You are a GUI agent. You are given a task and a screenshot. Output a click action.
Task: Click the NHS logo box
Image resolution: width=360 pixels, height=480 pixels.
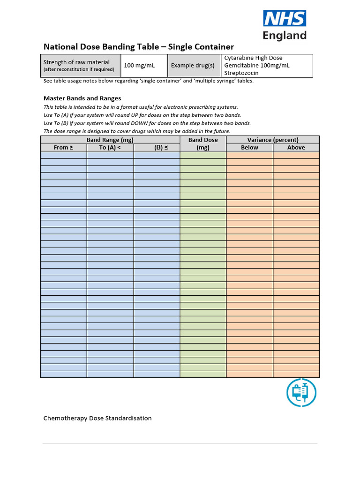tap(285, 19)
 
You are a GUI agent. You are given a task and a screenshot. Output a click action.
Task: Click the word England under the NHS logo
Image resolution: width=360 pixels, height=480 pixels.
tap(285, 36)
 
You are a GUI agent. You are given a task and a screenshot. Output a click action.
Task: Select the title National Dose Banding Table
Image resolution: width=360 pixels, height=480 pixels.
tap(138, 46)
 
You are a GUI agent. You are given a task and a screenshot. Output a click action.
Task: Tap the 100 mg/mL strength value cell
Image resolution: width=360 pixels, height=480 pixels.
tap(139, 66)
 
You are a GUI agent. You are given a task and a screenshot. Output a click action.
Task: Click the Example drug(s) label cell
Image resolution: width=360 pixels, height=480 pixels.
tap(193, 66)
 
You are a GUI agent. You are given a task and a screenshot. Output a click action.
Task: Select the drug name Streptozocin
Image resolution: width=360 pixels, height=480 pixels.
tap(241, 73)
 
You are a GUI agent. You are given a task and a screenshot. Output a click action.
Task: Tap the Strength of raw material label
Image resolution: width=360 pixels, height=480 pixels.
tap(76, 62)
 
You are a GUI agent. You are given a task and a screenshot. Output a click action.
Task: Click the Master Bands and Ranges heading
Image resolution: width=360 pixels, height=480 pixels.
tap(82, 98)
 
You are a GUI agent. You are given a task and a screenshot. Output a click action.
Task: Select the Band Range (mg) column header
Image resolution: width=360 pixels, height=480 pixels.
tap(110, 140)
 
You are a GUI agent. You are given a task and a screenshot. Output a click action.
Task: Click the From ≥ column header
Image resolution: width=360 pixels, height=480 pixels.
tap(63, 147)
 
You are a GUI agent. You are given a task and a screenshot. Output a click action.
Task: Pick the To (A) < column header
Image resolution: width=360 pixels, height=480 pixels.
tap(110, 147)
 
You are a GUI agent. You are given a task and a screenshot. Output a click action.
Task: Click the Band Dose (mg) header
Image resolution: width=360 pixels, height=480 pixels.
tap(203, 143)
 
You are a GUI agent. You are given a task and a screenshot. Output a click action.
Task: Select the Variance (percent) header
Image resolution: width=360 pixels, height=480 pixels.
tap(273, 140)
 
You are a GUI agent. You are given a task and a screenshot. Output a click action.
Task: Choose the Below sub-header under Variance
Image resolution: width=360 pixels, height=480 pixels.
tap(249, 147)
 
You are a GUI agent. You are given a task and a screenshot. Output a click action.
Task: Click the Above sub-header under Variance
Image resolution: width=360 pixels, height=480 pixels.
tap(296, 147)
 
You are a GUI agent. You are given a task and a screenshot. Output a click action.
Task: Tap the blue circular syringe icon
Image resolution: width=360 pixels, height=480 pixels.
tap(301, 392)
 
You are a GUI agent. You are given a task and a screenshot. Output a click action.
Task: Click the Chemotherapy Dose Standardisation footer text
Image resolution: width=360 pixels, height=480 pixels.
tap(97, 418)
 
